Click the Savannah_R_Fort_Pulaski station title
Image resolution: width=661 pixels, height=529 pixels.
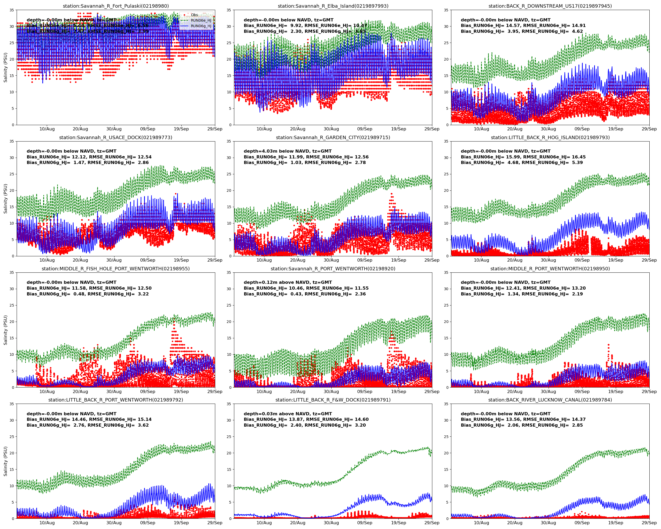(x=116, y=6)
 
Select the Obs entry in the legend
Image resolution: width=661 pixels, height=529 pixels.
(x=194, y=15)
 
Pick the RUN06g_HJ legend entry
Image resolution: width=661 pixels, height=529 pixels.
(x=201, y=26)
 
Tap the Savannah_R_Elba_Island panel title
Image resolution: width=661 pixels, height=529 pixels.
(x=333, y=6)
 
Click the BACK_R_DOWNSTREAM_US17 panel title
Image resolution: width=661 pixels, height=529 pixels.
(x=550, y=6)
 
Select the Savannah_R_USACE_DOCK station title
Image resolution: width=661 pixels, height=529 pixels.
(x=116, y=137)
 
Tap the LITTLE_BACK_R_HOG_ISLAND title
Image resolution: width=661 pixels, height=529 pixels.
(x=550, y=137)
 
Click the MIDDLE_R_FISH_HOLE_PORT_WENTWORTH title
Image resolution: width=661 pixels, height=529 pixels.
(x=116, y=269)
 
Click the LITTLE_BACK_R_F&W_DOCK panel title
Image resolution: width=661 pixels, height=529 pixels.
(x=333, y=400)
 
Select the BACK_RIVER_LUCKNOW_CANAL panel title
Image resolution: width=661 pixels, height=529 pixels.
(x=550, y=400)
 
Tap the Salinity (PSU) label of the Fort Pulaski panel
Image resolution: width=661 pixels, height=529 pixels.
(x=5, y=67)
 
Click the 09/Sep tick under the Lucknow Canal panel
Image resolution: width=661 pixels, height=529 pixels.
(x=582, y=523)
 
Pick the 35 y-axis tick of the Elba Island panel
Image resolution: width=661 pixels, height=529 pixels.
(x=229, y=10)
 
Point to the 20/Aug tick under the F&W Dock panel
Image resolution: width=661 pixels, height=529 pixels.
(x=297, y=523)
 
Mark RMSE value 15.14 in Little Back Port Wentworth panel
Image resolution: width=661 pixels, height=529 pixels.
(x=143, y=419)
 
